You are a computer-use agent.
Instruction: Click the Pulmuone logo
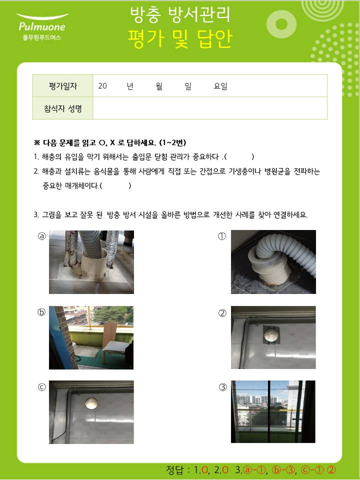click(x=42, y=26)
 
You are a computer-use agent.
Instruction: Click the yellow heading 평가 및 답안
click(x=180, y=39)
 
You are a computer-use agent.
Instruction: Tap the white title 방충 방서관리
click(x=180, y=14)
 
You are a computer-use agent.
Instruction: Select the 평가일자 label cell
click(x=63, y=86)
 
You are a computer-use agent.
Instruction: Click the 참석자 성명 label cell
click(x=63, y=108)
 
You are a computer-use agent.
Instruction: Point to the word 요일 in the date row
click(x=220, y=86)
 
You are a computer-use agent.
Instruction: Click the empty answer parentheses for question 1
click(x=239, y=156)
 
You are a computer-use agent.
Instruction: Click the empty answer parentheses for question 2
click(x=115, y=185)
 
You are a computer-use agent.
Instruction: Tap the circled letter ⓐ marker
click(x=41, y=236)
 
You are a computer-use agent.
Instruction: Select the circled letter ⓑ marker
click(x=41, y=312)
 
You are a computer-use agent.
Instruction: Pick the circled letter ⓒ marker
click(x=41, y=387)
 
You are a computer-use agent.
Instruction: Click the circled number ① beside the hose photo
click(x=222, y=236)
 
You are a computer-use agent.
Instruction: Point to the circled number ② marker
click(x=222, y=313)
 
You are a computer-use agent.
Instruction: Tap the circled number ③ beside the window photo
click(x=223, y=387)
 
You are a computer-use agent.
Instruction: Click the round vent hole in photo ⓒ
click(x=91, y=403)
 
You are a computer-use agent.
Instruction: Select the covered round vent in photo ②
click(x=271, y=334)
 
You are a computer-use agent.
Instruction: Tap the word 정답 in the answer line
click(x=174, y=470)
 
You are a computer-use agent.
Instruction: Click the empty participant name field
click(x=210, y=108)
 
